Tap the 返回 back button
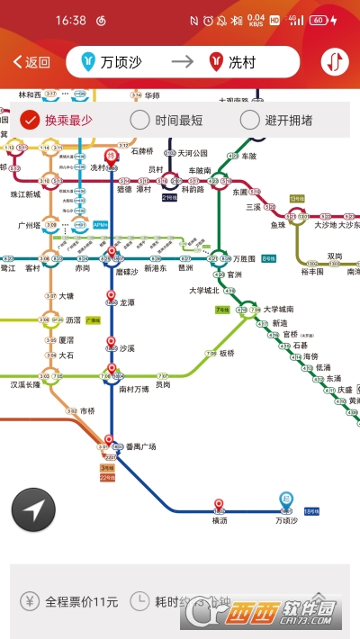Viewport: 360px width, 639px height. pyautogui.click(x=31, y=62)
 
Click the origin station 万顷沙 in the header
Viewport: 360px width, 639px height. pyautogui.click(x=121, y=62)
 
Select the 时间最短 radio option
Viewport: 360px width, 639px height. pyautogui.click(x=166, y=120)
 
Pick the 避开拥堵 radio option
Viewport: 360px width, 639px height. pyautogui.click(x=275, y=120)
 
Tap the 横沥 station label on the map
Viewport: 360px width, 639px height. pyautogui.click(x=220, y=520)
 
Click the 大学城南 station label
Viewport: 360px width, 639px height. pyautogui.click(x=278, y=309)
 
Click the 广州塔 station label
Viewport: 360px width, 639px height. pyautogui.click(x=31, y=225)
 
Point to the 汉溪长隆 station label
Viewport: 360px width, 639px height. pyautogui.click(x=25, y=384)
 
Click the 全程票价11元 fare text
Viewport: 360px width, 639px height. pyautogui.click(x=82, y=601)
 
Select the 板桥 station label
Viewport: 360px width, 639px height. pyautogui.click(x=226, y=353)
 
